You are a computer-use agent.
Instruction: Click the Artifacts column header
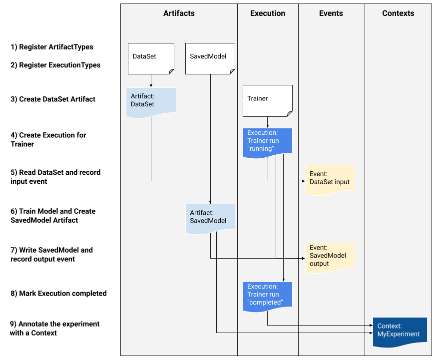tap(179, 13)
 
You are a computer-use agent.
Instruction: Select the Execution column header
tap(268, 13)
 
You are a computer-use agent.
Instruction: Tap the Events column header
tap(331, 13)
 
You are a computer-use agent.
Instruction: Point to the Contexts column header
tap(398, 13)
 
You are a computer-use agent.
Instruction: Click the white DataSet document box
tap(150, 58)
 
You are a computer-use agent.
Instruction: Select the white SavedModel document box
tap(210, 58)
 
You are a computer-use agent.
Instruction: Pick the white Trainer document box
tap(267, 100)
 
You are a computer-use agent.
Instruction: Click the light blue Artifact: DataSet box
tap(151, 101)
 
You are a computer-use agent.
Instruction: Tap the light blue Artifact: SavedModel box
tap(210, 218)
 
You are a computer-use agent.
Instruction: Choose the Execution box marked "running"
tap(268, 142)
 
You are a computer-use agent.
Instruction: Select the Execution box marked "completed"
tap(268, 296)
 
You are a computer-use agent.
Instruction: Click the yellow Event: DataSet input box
tap(330, 179)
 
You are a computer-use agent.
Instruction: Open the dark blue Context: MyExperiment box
tap(400, 331)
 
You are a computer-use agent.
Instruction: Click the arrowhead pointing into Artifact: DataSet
tap(151, 86)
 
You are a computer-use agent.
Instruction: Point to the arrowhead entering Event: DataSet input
tap(303, 181)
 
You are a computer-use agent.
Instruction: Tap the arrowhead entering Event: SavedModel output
tap(303, 259)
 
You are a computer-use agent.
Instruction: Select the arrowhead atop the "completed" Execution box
tap(284, 280)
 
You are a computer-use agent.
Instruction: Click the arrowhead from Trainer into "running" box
tap(268, 126)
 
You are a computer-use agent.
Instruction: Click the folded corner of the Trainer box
tap(289, 114)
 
